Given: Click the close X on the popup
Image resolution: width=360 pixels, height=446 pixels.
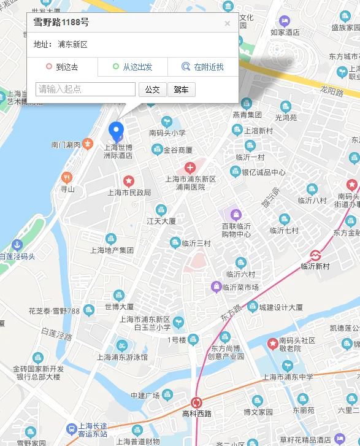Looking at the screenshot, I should [228, 23].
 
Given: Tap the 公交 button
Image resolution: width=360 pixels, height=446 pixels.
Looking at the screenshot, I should [152, 90].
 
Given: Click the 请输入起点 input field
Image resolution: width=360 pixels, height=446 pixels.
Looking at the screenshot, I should [86, 90].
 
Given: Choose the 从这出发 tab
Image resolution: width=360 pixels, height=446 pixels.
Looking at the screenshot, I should [132, 67].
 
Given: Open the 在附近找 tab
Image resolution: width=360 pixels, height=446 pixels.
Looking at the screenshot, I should [203, 67].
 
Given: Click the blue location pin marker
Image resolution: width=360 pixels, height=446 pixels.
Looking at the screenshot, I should [116, 131].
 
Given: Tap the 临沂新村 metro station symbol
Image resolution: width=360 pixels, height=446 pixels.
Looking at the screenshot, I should [315, 255].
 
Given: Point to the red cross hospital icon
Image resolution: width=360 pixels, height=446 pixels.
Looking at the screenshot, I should [190, 167].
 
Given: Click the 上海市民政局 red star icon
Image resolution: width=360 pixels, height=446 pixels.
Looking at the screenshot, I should [129, 181].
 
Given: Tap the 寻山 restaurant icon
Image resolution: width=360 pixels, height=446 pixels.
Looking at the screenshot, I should [67, 178].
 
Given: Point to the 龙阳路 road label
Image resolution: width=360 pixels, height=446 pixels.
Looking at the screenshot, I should [332, 91].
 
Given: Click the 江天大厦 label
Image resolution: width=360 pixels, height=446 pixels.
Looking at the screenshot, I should [161, 221].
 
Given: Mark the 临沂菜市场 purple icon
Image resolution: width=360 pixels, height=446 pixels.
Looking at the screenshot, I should [216, 286].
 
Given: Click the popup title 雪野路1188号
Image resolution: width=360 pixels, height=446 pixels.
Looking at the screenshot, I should [61, 23].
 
